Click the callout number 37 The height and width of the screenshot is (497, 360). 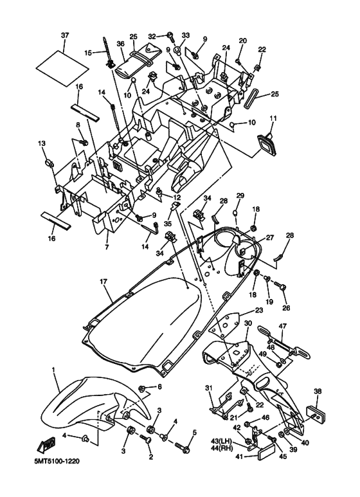(64, 34)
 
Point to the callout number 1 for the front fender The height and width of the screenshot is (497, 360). (55, 371)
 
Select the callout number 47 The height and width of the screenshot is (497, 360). (282, 327)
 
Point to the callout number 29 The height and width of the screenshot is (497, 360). (240, 195)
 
